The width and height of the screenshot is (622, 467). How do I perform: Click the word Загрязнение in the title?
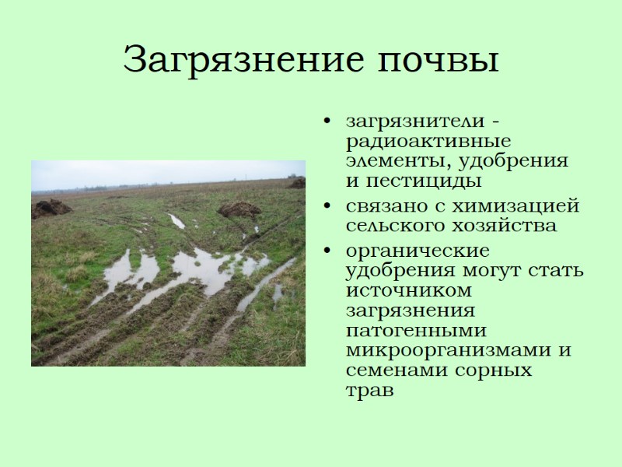click(230, 60)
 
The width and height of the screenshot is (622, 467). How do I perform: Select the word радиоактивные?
click(428, 142)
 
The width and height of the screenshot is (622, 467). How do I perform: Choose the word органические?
click(418, 252)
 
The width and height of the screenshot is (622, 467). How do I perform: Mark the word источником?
click(409, 290)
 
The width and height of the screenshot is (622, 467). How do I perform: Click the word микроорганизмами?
click(451, 349)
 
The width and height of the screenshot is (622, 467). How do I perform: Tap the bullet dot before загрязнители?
click(330, 122)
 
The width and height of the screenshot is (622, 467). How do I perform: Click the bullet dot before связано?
click(330, 207)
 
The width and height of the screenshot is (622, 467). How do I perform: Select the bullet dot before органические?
click(330, 252)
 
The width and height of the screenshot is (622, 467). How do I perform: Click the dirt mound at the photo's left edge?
click(51, 208)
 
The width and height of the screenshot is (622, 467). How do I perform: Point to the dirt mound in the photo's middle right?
click(239, 209)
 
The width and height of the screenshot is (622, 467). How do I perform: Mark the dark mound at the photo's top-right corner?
click(298, 182)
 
